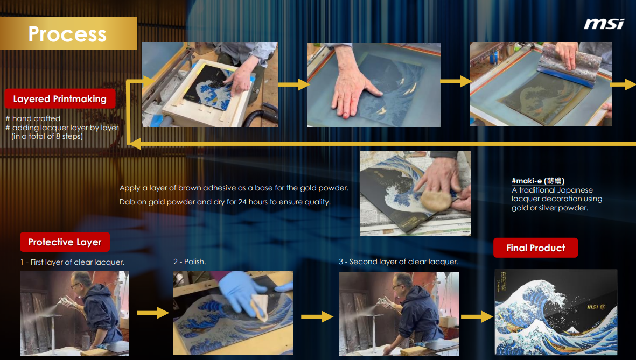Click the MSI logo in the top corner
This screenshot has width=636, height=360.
pyautogui.click(x=604, y=24)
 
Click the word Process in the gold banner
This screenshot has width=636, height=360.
pyautogui.click(x=67, y=34)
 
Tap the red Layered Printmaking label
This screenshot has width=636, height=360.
pyautogui.click(x=60, y=99)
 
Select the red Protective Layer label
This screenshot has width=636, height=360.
pyautogui.click(x=65, y=242)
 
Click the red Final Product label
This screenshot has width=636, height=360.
pyautogui.click(x=535, y=248)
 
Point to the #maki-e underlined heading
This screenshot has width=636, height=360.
pyautogui.click(x=538, y=181)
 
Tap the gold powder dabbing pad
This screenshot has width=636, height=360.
pyautogui.click(x=436, y=200)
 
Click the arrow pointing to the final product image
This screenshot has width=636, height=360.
pyautogui.click(x=477, y=316)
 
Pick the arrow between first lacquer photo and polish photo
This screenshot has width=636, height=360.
pyautogui.click(x=153, y=313)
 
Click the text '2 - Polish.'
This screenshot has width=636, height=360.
pyautogui.click(x=190, y=262)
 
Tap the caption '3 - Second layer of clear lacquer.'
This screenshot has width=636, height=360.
pyautogui.click(x=399, y=262)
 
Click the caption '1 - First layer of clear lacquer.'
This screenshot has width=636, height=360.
pyautogui.click(x=72, y=262)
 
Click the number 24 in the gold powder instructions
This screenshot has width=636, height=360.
pyautogui.click(x=242, y=202)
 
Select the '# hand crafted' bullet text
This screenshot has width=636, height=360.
pyautogui.click(x=33, y=118)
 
